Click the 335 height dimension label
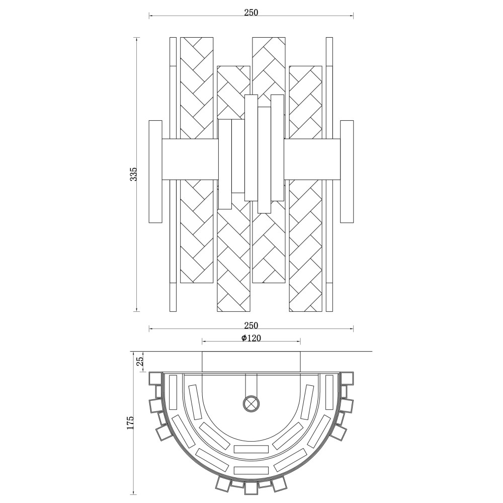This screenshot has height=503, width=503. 133,174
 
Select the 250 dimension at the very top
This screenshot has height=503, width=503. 251,13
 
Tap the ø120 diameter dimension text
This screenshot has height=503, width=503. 251,338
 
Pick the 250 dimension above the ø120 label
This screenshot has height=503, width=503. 251,325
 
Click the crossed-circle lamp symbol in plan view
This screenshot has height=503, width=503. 251,403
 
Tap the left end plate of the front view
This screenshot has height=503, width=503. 156,172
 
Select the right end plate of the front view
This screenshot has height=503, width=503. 347,172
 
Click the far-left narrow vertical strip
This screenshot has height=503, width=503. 173,175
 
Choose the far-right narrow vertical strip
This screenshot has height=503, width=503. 329,175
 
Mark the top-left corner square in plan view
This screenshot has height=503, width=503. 155,379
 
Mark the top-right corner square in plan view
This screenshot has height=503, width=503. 347,379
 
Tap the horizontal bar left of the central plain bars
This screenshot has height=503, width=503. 190,159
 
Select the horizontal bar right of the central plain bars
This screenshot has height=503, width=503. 312,159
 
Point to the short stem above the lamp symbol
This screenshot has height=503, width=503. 251,384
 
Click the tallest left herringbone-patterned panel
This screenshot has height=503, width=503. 197,160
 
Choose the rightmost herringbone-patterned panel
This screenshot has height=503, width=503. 305,189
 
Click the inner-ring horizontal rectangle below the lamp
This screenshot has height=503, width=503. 251,449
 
